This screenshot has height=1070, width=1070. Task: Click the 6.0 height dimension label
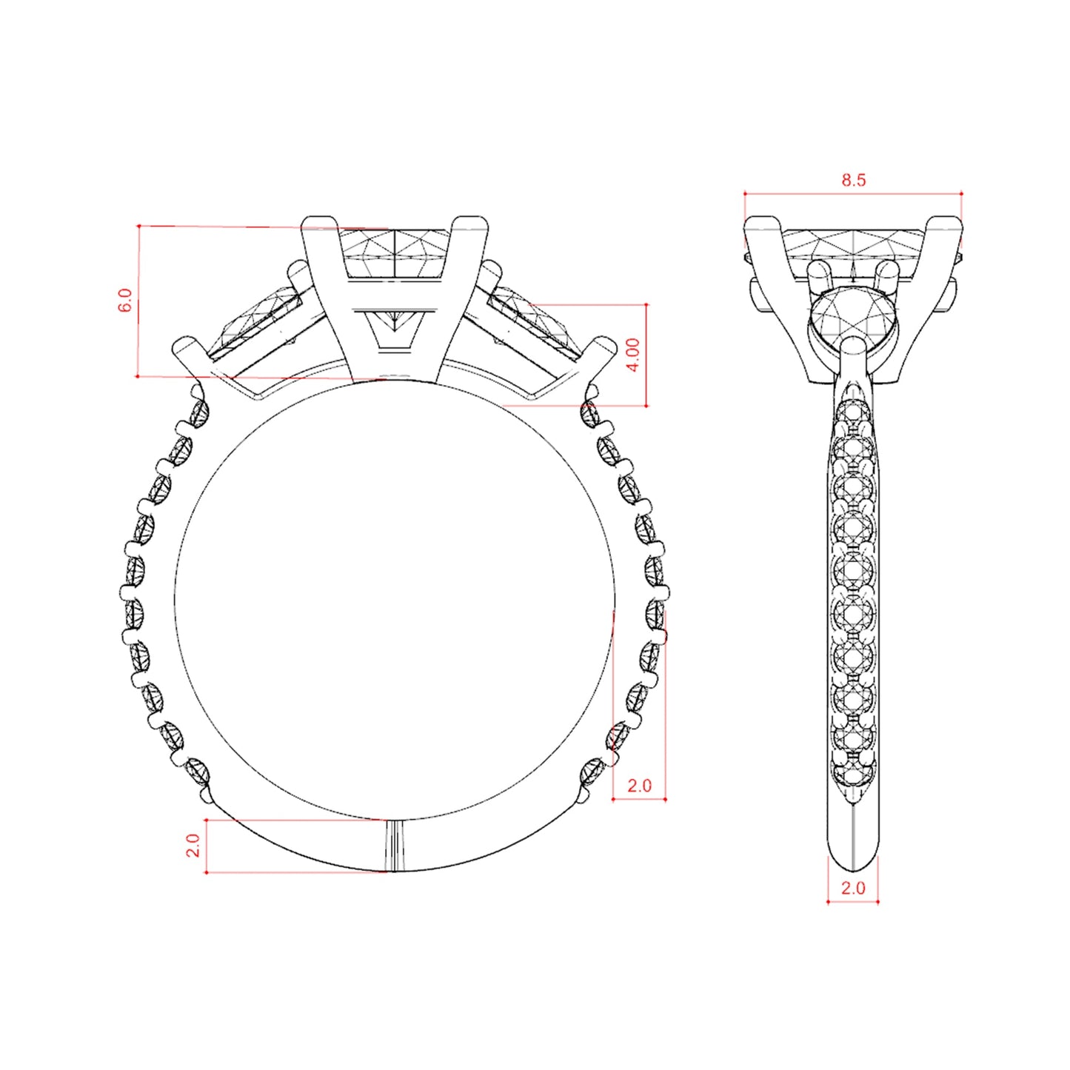(x=127, y=300)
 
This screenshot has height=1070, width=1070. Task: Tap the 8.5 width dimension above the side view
(x=853, y=181)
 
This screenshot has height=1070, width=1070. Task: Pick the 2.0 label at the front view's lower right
(x=638, y=785)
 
